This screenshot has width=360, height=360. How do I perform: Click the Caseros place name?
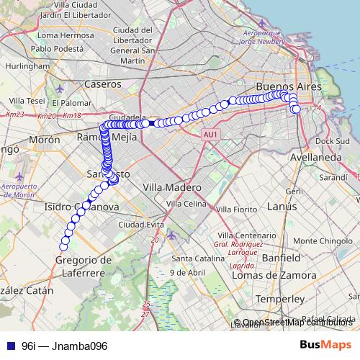[x=104, y=84]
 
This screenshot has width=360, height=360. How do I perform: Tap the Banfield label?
[x=280, y=257]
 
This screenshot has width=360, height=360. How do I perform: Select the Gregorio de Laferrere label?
[x=84, y=266]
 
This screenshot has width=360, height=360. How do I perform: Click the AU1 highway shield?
[x=210, y=134]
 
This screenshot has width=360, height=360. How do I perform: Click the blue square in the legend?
[x=9, y=346]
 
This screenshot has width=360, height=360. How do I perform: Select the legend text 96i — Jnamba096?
[x=64, y=346]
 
